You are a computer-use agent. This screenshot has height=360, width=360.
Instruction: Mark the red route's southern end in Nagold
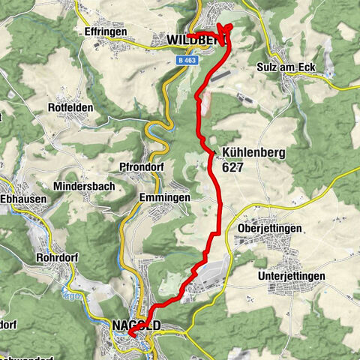pos(130,332)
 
